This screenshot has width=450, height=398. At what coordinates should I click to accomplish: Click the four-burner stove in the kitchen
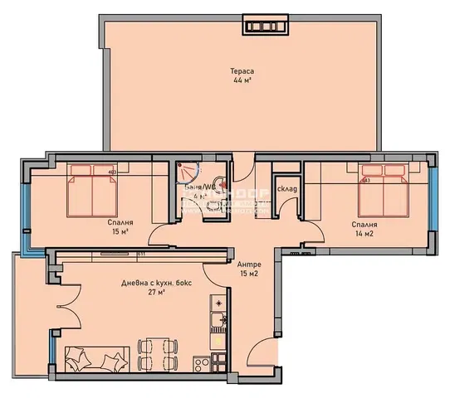tap(203, 362)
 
